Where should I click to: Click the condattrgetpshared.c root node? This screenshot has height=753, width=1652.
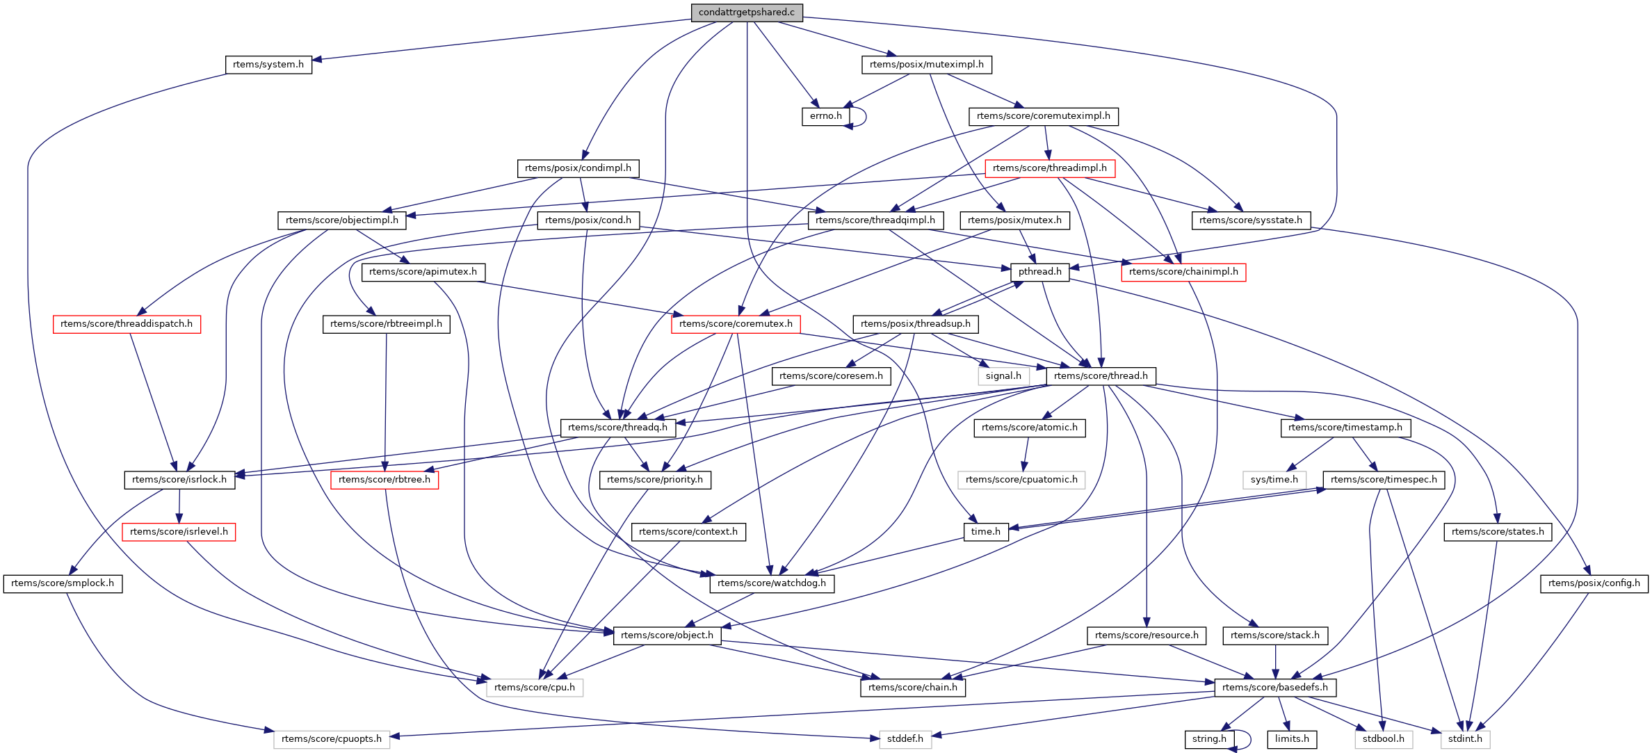click(746, 13)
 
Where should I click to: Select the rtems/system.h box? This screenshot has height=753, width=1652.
click(268, 65)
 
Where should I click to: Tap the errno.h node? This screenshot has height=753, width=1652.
click(825, 116)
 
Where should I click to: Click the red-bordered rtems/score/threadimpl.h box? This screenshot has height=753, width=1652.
click(1049, 168)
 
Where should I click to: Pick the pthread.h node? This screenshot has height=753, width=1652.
click(1039, 272)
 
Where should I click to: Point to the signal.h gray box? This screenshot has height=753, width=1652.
click(1003, 376)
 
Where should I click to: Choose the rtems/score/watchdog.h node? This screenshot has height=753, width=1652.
click(771, 583)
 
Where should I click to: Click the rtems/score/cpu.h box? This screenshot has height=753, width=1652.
click(534, 688)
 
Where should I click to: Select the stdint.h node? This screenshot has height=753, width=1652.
click(1465, 739)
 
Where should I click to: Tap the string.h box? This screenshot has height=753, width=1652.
click(1209, 739)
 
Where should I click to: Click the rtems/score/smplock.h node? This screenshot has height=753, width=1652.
click(63, 583)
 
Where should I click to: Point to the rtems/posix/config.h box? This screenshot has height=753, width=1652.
click(1594, 583)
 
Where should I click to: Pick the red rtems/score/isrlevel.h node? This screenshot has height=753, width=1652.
click(179, 532)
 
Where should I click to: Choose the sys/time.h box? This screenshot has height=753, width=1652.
click(1274, 480)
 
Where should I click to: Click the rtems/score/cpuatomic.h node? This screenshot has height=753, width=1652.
click(1021, 480)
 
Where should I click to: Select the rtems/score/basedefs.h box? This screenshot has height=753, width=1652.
click(1274, 688)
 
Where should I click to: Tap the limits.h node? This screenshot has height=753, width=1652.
click(1292, 739)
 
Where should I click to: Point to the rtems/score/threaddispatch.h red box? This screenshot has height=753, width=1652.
click(127, 324)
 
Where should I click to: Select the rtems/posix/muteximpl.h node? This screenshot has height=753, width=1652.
click(926, 65)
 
